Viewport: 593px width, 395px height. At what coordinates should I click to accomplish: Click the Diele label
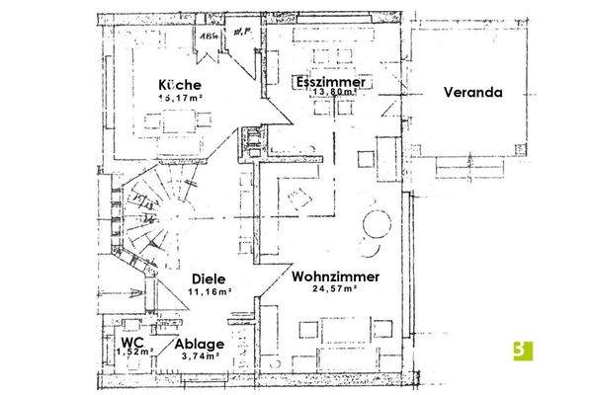click(211, 279)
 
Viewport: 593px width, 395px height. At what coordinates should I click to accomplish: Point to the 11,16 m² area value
click(211, 293)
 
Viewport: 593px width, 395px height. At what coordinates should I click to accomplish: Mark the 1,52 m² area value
click(134, 351)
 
